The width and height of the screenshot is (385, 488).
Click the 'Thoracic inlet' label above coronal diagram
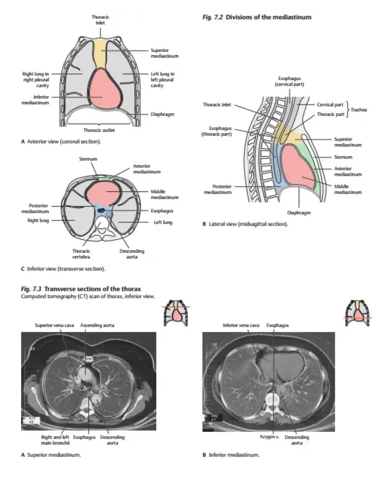pyautogui.click(x=98, y=20)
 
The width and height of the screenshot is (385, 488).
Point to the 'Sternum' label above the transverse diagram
pyautogui.click(x=88, y=159)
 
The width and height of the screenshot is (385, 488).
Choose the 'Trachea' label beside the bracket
pyautogui.click(x=360, y=109)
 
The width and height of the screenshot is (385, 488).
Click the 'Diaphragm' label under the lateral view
pyautogui.click(x=299, y=213)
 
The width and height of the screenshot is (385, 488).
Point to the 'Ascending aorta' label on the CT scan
pyautogui.click(x=97, y=325)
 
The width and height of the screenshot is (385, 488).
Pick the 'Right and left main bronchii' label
pyautogui.click(x=52, y=440)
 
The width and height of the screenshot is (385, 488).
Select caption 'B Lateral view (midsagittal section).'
pyautogui.click(x=245, y=224)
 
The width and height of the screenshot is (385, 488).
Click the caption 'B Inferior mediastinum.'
pyautogui.click(x=231, y=455)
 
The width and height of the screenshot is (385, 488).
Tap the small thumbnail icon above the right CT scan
pyautogui.click(x=357, y=313)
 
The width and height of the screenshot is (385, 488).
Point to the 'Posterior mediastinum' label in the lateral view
pyautogui.click(x=221, y=189)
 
